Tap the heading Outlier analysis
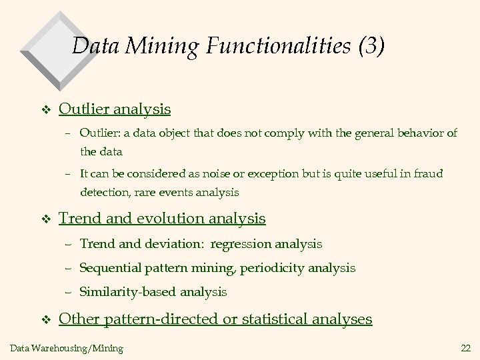coord(115,109)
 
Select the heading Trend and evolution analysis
coord(162,218)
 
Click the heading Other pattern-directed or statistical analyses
coord(215,319)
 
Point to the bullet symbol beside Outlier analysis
coord(45,110)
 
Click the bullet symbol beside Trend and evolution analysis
coord(45,219)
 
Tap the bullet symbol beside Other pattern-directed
coord(45,321)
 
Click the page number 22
coord(465,347)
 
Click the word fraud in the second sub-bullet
coord(428,173)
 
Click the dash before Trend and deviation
coord(69,244)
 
